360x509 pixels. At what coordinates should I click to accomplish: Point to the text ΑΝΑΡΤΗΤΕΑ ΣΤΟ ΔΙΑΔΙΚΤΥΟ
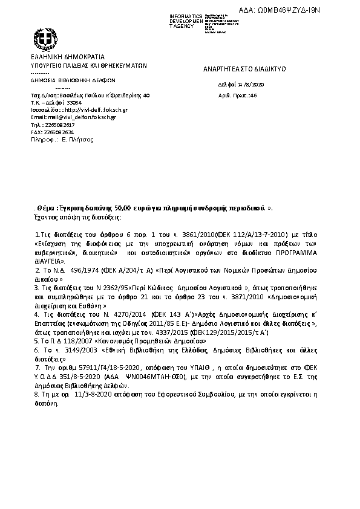(244, 70)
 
